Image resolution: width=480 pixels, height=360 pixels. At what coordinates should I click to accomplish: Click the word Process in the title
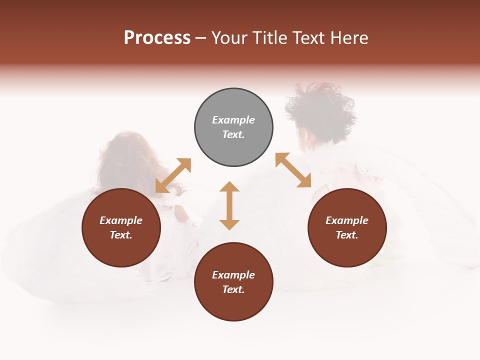coord(157,38)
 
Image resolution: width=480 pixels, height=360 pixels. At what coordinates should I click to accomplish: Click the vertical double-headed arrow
coord(229,205)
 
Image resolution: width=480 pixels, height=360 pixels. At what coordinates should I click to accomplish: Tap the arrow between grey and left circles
coord(173,175)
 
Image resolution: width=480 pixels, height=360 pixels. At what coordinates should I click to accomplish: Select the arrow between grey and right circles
coord(293,170)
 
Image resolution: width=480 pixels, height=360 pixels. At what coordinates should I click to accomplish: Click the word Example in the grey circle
coord(233,120)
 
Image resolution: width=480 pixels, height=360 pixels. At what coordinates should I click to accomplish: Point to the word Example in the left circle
coord(121,220)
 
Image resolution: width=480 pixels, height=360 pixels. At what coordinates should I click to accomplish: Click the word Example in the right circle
coord(347,220)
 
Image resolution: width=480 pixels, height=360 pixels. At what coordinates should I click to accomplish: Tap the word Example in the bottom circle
coord(233,275)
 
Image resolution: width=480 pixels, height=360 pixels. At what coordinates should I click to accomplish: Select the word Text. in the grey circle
coord(233,134)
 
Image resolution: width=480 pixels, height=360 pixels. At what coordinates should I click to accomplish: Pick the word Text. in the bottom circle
coord(233,289)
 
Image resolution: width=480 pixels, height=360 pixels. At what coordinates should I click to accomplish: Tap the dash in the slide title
coord(201,38)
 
